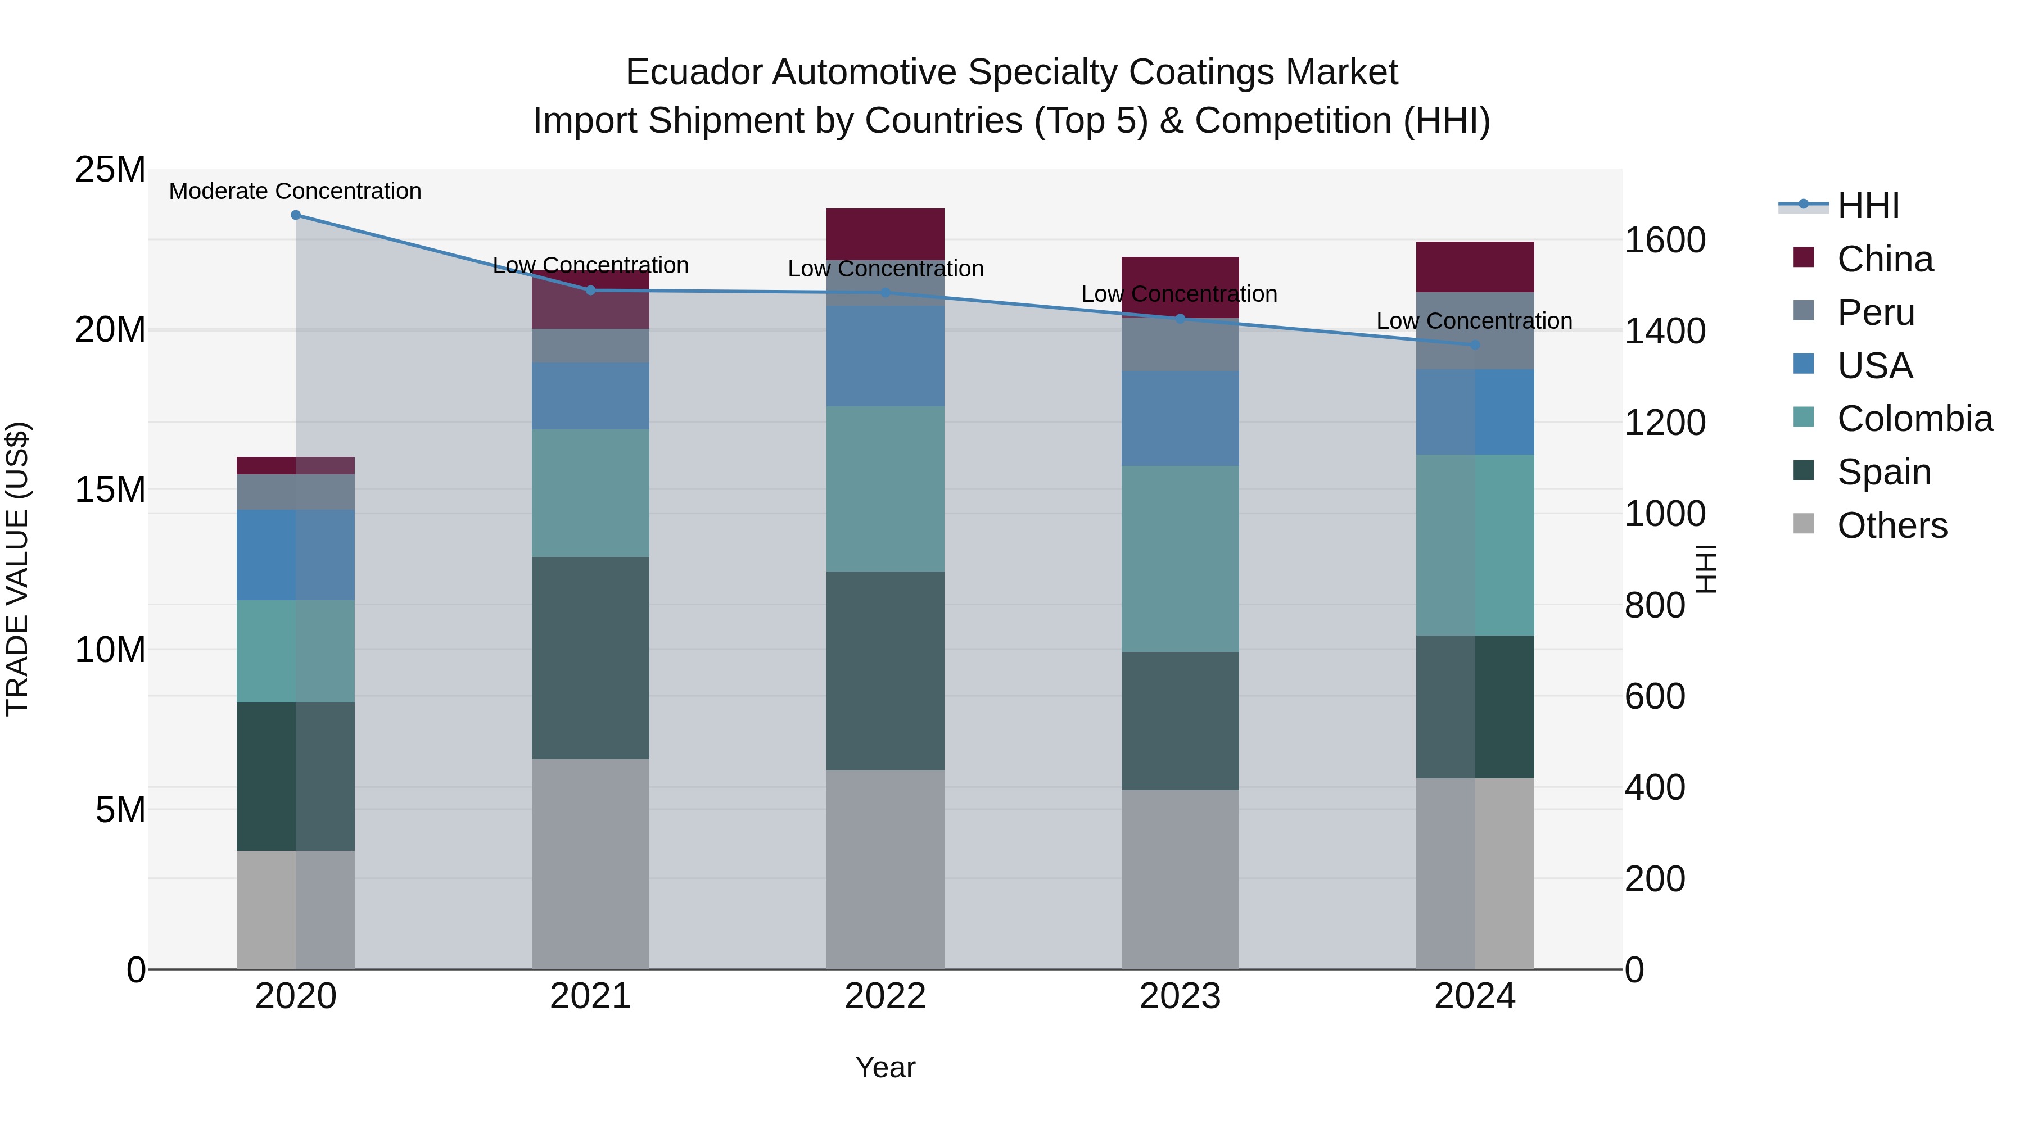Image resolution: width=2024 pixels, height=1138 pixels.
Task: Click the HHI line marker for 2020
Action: pyautogui.click(x=295, y=215)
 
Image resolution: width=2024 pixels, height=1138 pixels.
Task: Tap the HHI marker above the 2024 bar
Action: pyautogui.click(x=1475, y=345)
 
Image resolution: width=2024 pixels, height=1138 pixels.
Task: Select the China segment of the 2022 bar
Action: pyautogui.click(x=885, y=233)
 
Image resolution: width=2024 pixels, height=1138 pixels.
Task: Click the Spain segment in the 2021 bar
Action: pyautogui.click(x=590, y=658)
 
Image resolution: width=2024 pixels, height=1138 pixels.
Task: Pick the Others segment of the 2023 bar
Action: pyautogui.click(x=1180, y=879)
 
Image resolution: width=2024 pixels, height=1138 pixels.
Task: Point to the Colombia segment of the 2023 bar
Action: pyautogui.click(x=1180, y=559)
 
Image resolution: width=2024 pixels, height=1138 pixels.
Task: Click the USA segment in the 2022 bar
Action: pyautogui.click(x=885, y=356)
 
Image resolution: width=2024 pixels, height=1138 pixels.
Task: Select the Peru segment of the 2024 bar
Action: pyautogui.click(x=1475, y=330)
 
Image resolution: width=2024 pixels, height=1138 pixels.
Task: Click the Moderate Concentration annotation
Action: pyautogui.click(x=295, y=191)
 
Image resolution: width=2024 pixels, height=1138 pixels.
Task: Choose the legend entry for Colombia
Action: pyautogui.click(x=1914, y=419)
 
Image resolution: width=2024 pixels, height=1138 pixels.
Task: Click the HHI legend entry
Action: pyautogui.click(x=1868, y=206)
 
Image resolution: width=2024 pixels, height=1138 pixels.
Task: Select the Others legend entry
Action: pyautogui.click(x=1891, y=525)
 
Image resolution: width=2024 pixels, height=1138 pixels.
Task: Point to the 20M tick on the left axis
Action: pyautogui.click(x=110, y=330)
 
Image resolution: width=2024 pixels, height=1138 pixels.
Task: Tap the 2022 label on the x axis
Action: pyautogui.click(x=885, y=996)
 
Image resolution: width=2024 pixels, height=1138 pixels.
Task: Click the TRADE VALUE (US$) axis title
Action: pyautogui.click(x=17, y=569)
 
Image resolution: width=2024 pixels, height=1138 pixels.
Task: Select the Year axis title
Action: pyautogui.click(x=885, y=1067)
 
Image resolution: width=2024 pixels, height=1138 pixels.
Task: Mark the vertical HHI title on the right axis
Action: pyautogui.click(x=1706, y=569)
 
